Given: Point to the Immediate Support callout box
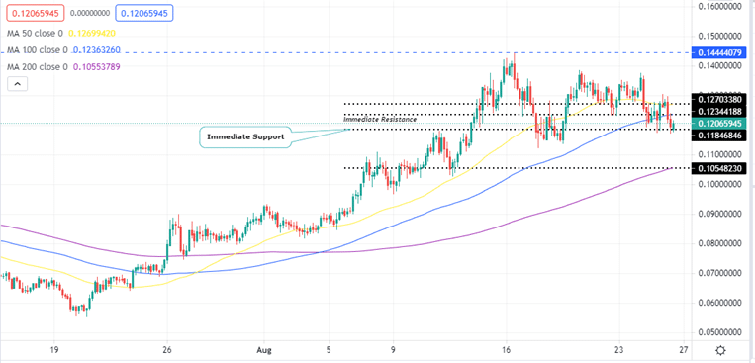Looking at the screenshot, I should (245, 136).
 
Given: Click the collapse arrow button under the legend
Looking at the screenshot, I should (16, 85).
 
